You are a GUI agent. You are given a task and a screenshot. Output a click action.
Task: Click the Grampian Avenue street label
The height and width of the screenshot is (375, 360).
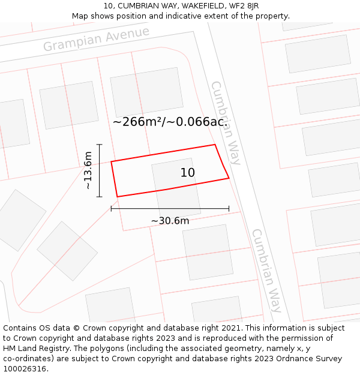pos(96,39)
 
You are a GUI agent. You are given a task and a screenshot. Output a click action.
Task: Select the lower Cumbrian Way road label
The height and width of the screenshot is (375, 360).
pos(266,270)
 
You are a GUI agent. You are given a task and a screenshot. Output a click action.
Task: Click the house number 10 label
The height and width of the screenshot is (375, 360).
pos(188,173)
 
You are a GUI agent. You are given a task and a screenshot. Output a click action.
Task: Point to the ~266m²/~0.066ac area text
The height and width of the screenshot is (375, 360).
pos(170,122)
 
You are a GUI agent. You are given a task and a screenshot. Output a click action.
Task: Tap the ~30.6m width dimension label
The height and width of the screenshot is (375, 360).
pos(170,221)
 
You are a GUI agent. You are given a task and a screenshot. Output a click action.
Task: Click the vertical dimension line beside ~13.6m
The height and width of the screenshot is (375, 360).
pos(100,171)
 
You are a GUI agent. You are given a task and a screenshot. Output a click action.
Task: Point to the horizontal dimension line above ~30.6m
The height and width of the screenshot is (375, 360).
pos(170,209)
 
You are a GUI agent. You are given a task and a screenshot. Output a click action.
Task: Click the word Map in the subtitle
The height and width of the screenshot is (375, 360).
pos(80,16)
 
